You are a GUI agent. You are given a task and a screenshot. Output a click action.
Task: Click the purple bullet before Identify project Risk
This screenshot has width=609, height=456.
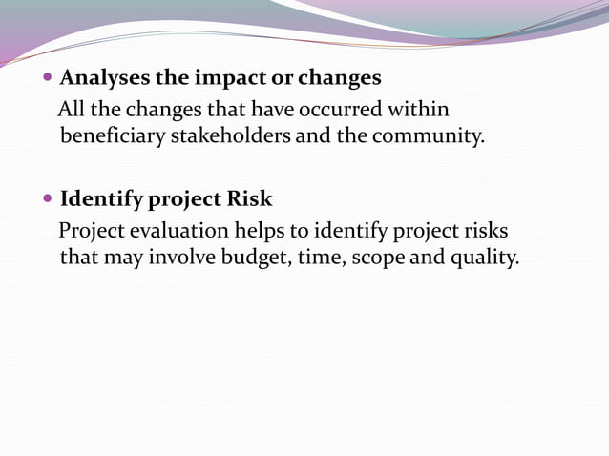point(50,200)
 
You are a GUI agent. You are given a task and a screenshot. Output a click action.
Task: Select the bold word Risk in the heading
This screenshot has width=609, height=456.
point(249,199)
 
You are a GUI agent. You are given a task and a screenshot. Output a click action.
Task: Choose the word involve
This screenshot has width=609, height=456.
point(184,259)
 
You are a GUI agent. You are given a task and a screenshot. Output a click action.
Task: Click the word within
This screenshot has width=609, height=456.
point(418,110)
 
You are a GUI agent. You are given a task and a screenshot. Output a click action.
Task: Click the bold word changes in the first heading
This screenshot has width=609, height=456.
point(339,77)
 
